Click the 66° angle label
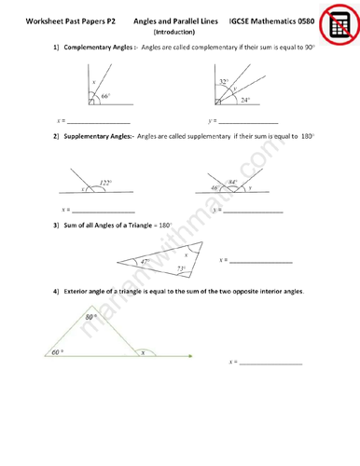tap(106, 96)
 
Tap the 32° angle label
tap(224, 82)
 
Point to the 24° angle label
tap(244, 100)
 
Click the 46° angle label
tap(215, 188)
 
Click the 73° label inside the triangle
tap(182, 268)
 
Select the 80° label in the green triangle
tap(90, 318)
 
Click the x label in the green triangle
tap(142, 353)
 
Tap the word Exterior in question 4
tap(79, 292)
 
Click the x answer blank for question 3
tap(261, 260)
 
